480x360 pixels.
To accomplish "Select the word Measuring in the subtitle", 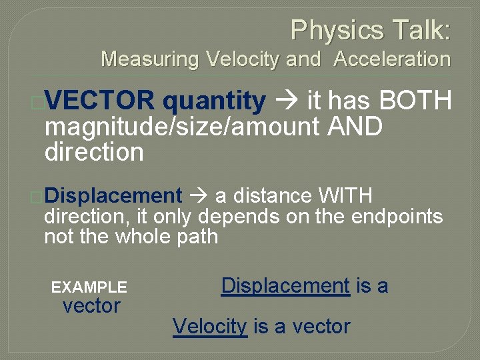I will tap(150, 59).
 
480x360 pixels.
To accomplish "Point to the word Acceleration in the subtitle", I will tap(392, 59).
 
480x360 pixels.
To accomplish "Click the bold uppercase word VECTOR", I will tap(100, 101).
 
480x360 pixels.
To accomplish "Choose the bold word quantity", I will tap(214, 101).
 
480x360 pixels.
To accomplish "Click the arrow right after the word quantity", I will tap(287, 101).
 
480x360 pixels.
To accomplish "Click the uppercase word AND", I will tap(355, 127).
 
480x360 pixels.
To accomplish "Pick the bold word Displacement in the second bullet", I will tap(113, 196).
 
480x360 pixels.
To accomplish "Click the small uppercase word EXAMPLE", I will tap(89, 287).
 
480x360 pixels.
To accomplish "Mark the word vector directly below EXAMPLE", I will tap(91, 307).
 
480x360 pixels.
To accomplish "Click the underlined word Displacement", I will tap(285, 286).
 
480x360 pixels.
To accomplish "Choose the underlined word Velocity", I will tap(210, 326).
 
